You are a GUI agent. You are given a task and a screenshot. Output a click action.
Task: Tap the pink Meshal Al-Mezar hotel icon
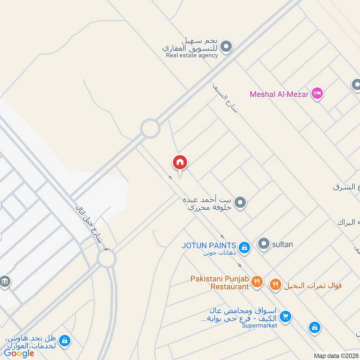pos(317,94)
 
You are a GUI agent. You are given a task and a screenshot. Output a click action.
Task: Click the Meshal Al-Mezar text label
pos(279,94)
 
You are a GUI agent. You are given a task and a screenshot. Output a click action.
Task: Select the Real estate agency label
pos(192,55)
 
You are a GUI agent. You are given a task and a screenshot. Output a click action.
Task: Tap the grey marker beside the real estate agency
pos(227,46)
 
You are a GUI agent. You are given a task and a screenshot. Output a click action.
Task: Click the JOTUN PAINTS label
pos(209,245)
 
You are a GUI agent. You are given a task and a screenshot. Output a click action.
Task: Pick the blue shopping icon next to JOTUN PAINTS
pos(244,247)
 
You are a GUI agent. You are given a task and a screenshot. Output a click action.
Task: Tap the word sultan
pos(282,245)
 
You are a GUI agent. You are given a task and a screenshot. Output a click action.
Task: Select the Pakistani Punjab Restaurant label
pos(220,282)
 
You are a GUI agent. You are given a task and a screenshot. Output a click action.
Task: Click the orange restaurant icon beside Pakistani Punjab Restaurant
pos(256,282)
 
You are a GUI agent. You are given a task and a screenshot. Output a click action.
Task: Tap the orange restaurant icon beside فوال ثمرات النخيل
pos(275,284)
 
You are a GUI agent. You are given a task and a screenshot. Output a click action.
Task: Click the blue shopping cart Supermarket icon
pos(284,317)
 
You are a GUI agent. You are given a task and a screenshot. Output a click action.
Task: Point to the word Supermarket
pos(259,325)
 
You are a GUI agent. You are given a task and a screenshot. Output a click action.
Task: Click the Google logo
pos(19,354)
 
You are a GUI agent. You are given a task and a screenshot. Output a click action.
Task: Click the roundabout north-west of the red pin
pos(150,129)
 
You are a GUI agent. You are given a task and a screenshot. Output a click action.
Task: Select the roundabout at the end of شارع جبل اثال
pos(107,259)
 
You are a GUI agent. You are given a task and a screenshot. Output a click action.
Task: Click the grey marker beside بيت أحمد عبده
pos(240,203)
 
